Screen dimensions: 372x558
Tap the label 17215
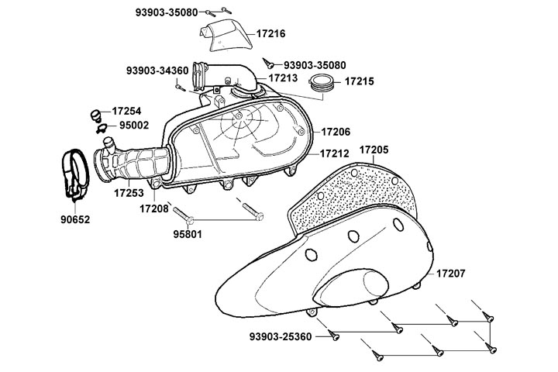tap(360, 81)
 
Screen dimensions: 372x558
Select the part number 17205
tap(374, 149)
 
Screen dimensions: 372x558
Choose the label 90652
tap(75, 219)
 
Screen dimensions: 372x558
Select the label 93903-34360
tap(157, 71)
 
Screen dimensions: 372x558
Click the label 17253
tap(129, 191)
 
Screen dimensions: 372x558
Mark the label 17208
tap(154, 208)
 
